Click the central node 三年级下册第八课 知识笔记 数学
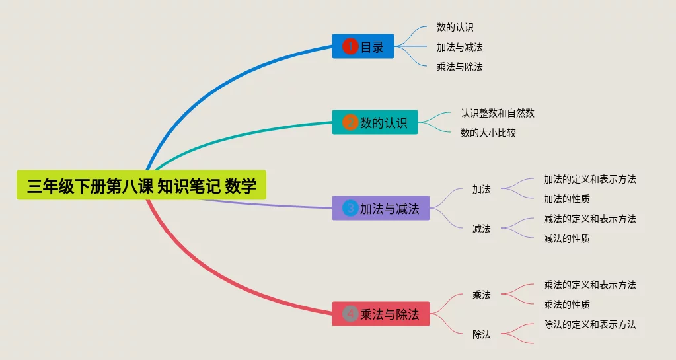(x=141, y=186)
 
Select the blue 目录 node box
(x=363, y=46)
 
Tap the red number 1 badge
(x=350, y=46)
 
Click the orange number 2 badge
(x=350, y=122)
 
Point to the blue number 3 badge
(x=350, y=209)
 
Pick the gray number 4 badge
(x=350, y=314)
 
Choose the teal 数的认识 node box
(x=375, y=122)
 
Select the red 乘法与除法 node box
(x=381, y=314)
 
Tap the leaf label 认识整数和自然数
(x=497, y=113)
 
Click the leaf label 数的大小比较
(x=488, y=133)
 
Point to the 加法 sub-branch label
(x=481, y=189)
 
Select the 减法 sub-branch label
(x=481, y=229)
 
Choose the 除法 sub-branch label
(x=481, y=334)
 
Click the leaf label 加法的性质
(x=566, y=199)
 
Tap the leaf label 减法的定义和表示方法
(x=589, y=219)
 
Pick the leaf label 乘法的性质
(x=566, y=305)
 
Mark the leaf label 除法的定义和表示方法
(x=589, y=324)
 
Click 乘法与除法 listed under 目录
(x=459, y=67)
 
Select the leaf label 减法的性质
(x=566, y=238)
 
